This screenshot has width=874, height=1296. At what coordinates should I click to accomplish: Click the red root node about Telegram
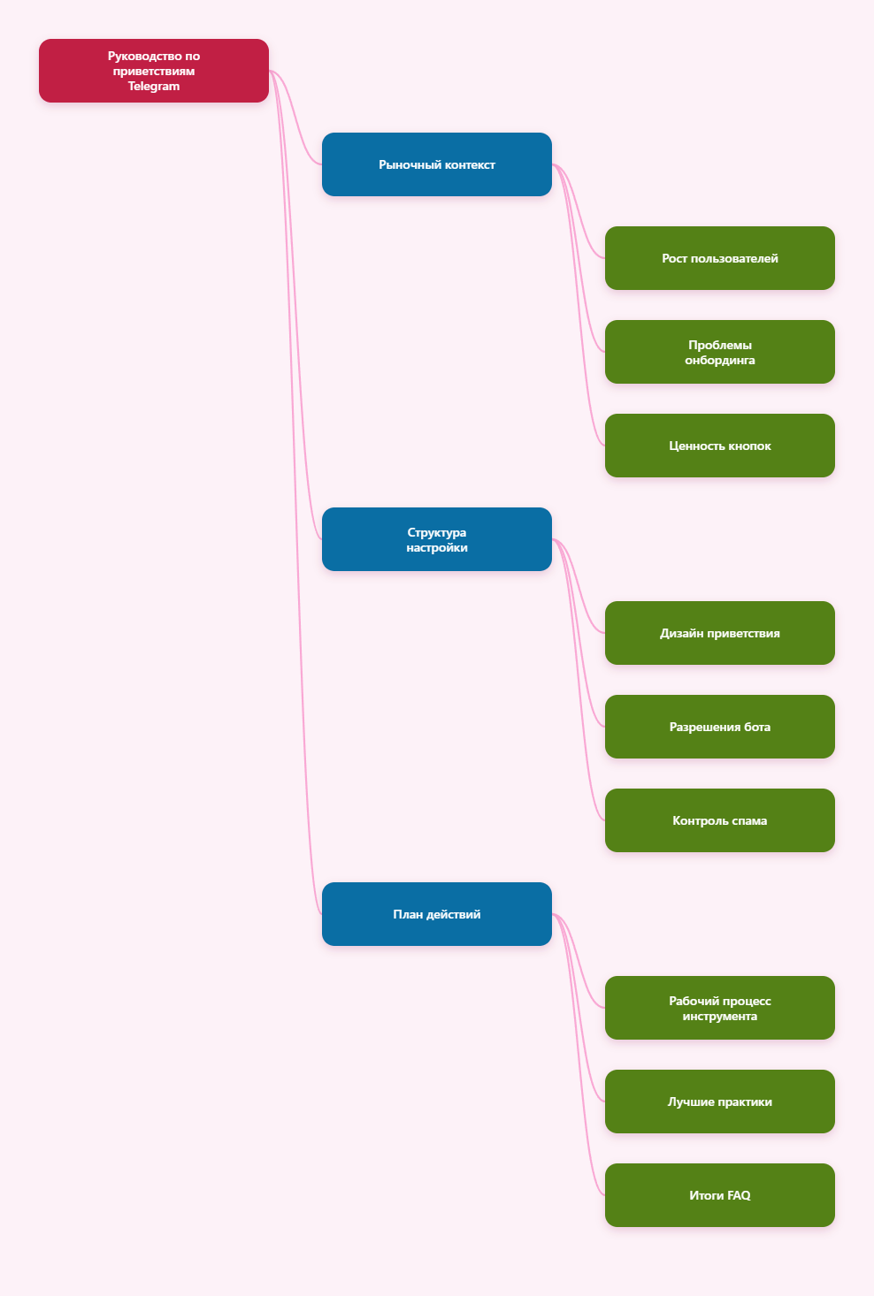(x=153, y=71)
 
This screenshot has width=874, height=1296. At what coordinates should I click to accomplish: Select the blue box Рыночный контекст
(x=436, y=164)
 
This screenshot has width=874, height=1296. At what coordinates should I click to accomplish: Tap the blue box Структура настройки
(x=436, y=539)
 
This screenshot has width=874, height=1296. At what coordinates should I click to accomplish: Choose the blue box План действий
(x=436, y=914)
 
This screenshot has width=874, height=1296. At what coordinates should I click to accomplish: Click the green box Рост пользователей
(x=719, y=258)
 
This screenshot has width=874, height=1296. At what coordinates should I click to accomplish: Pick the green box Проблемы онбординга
(x=719, y=352)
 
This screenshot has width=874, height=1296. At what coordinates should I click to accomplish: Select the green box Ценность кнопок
(x=719, y=446)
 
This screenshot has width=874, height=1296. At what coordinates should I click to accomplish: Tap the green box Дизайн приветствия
(x=719, y=633)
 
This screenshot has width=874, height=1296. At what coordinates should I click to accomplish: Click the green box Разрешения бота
(x=719, y=727)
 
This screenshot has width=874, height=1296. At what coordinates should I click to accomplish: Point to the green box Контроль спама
(x=719, y=820)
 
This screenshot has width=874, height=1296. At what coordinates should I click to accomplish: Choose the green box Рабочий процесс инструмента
(x=719, y=1008)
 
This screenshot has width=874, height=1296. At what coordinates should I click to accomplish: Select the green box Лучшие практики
(x=719, y=1102)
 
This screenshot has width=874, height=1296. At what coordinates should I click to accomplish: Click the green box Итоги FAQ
(x=719, y=1195)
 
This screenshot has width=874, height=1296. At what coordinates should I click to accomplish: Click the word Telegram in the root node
(x=153, y=87)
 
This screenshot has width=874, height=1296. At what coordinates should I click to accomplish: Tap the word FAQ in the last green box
(x=739, y=1195)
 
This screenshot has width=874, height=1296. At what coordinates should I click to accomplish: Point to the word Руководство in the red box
(x=145, y=56)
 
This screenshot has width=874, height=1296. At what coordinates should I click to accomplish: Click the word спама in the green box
(x=749, y=821)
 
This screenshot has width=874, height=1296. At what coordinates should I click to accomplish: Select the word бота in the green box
(x=757, y=727)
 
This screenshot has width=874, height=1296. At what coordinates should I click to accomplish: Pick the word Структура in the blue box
(x=436, y=532)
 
